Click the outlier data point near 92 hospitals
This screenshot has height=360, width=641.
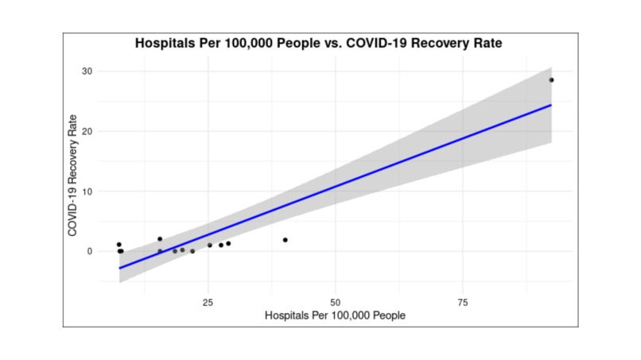click(x=551, y=79)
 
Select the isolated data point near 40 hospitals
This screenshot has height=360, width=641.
click(x=285, y=240)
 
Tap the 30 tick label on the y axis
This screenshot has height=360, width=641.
click(x=86, y=72)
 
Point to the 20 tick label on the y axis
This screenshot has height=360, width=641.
click(x=86, y=131)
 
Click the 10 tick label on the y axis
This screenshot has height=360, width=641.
click(x=86, y=192)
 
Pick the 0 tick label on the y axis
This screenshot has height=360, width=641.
click(x=89, y=251)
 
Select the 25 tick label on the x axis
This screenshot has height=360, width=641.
click(x=208, y=303)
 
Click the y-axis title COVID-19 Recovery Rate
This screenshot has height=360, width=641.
click(x=72, y=176)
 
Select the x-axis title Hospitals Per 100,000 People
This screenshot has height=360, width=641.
click(x=335, y=315)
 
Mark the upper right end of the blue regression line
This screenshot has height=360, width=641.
click(x=551, y=105)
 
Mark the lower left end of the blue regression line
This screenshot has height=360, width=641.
click(x=119, y=269)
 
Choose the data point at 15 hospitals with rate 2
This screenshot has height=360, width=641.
click(x=160, y=238)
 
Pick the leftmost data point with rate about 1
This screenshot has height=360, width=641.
click(x=118, y=245)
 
